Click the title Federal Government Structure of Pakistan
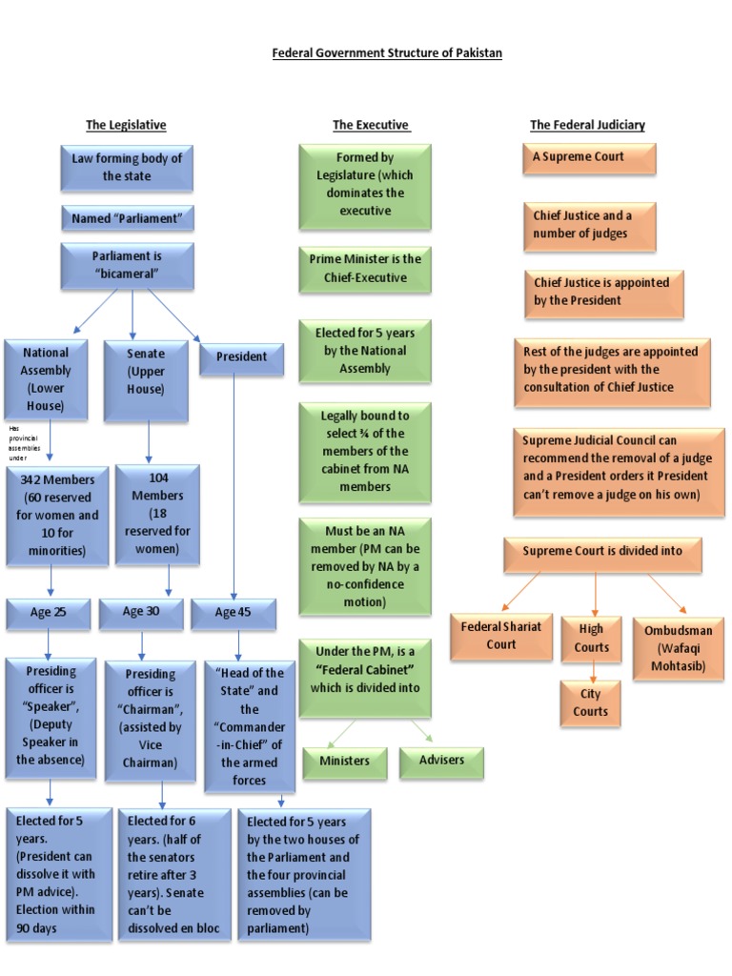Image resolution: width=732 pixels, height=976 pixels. pyautogui.click(x=387, y=53)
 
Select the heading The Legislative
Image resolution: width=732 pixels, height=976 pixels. pyautogui.click(x=126, y=125)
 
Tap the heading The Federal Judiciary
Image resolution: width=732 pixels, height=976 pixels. pyautogui.click(x=587, y=125)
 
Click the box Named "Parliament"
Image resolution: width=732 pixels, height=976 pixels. pyautogui.click(x=127, y=218)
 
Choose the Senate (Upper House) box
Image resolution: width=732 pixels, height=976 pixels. pyautogui.click(x=146, y=371)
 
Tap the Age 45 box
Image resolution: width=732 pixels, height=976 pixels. pyautogui.click(x=233, y=612)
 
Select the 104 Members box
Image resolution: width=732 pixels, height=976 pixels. pyautogui.click(x=157, y=513)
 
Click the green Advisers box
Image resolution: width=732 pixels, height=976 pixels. pyautogui.click(x=441, y=760)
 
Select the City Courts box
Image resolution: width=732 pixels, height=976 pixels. pyautogui.click(x=590, y=702)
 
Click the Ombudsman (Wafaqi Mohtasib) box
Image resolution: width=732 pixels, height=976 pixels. pyautogui.click(x=678, y=648)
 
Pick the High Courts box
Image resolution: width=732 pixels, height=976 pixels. pyautogui.click(x=591, y=639)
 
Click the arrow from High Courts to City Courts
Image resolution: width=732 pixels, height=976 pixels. pyautogui.click(x=591, y=671)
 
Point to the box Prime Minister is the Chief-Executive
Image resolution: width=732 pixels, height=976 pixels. pyautogui.click(x=365, y=268)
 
